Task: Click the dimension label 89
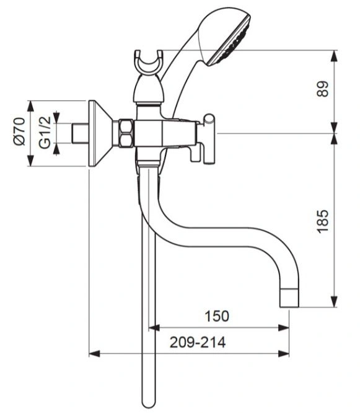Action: coord(323,89)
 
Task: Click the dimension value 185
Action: coord(323,221)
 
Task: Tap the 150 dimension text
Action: coord(217,316)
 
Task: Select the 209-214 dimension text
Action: coord(198,342)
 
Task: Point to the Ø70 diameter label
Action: coord(20,131)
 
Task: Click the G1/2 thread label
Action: coord(45,133)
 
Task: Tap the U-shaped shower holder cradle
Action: coord(149,61)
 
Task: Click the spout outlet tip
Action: coord(289,298)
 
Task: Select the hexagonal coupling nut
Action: coord(126,133)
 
